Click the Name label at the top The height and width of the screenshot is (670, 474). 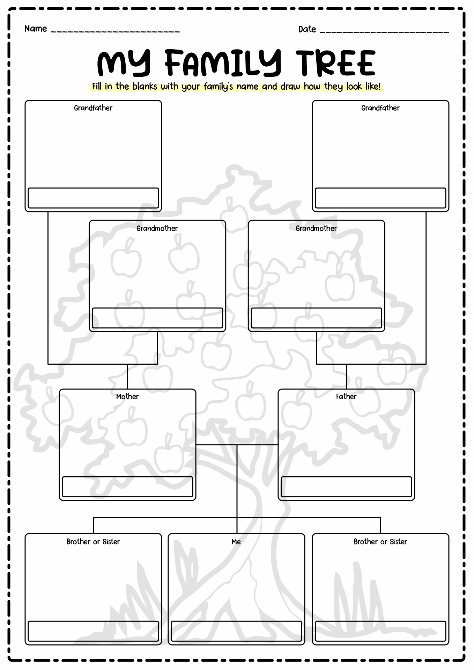(36, 29)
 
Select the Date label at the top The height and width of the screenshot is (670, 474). (307, 29)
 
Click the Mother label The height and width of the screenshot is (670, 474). (127, 396)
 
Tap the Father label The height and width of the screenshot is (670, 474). (346, 396)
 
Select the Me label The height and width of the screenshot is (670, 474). (236, 542)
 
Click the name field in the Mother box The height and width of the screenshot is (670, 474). (127, 487)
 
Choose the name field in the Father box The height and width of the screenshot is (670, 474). (346, 487)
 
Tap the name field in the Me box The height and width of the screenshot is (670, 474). (236, 631)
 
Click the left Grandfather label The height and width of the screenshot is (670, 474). (93, 108)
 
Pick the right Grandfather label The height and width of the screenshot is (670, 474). (380, 108)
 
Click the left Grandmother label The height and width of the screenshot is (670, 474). (157, 228)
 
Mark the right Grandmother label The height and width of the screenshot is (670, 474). (316, 228)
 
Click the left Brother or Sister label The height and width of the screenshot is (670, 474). (93, 542)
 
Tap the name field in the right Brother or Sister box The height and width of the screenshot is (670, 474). (380, 631)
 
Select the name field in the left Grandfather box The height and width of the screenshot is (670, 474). (93, 198)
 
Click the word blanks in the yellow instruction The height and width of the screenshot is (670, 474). (145, 86)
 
